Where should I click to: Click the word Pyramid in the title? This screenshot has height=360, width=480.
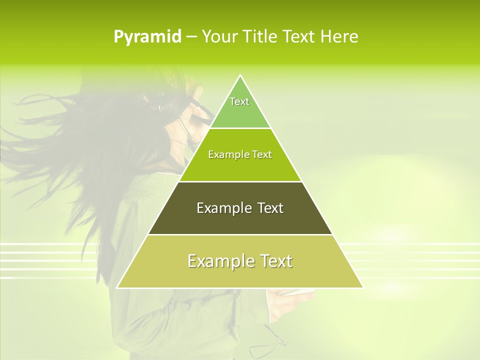[x=147, y=37]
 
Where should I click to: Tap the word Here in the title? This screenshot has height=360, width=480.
[x=339, y=36]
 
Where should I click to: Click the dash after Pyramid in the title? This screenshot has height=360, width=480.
[x=191, y=37]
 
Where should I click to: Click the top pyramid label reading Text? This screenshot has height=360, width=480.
[x=239, y=101]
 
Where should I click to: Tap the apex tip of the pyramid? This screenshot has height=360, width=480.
[x=240, y=76]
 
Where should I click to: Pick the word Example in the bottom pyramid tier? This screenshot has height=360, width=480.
[x=219, y=261]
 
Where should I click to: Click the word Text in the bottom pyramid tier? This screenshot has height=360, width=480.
[x=275, y=261]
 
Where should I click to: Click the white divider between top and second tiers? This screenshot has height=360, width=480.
[x=240, y=128]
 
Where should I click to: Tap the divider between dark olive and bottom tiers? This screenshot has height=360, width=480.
[x=240, y=234]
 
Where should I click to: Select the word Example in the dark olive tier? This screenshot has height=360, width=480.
[x=223, y=208]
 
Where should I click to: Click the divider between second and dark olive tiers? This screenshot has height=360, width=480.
[x=240, y=181]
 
